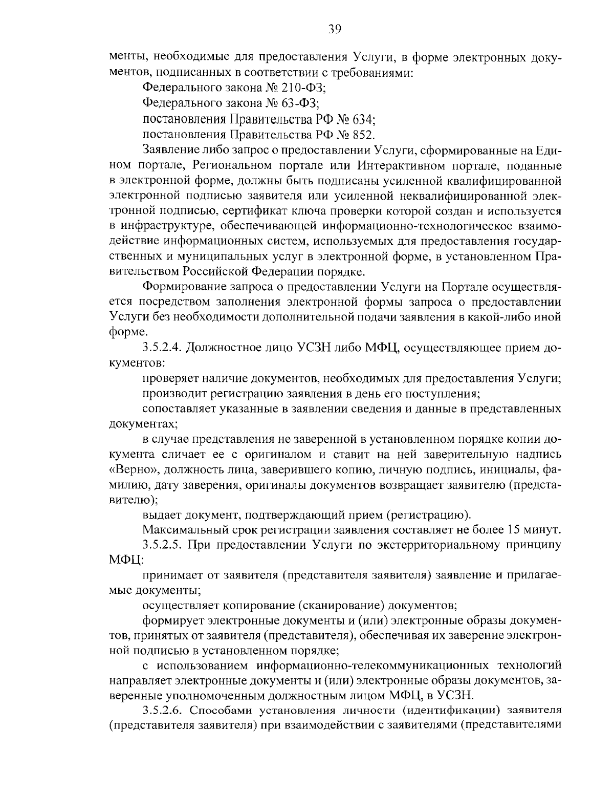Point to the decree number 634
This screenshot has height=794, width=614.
pyautogui.click(x=365, y=119)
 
